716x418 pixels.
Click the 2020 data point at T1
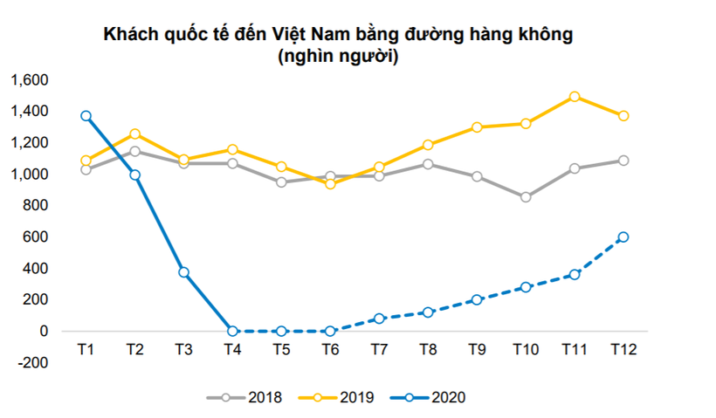coord(86,116)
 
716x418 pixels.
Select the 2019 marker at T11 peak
coord(575,97)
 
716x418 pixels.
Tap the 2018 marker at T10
coord(526,197)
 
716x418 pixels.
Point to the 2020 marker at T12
coord(623,237)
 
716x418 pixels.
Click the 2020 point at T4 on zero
coord(232,332)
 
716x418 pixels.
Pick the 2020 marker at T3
coord(183,272)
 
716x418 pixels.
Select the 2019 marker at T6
coord(330,184)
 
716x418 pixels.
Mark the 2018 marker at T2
coord(134,152)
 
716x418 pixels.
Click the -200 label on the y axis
coord(31,363)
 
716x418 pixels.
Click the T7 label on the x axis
coord(379,349)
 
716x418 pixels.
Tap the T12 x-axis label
coord(623,349)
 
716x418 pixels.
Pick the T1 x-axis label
coord(86,349)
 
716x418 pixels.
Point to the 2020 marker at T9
coord(477,300)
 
